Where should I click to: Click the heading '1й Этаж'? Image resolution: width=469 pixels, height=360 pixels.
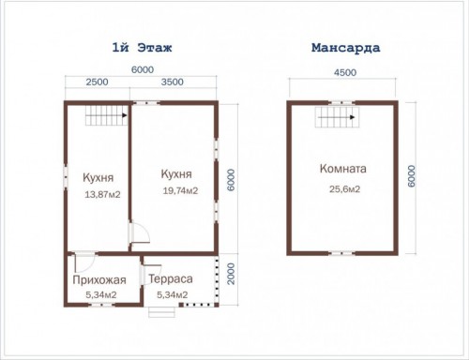(142, 48)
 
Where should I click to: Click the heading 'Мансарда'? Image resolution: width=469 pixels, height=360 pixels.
(345, 48)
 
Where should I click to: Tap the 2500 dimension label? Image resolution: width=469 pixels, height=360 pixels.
(98, 82)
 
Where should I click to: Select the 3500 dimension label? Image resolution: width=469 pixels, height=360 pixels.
(173, 82)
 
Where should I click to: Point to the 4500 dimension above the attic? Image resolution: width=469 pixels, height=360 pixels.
(345, 72)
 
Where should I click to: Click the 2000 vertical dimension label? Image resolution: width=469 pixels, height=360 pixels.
(231, 274)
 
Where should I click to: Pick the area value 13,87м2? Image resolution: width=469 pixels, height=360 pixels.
(102, 195)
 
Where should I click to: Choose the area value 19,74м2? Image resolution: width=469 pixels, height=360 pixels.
(180, 190)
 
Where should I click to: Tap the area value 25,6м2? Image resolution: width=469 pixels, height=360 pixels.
(344, 189)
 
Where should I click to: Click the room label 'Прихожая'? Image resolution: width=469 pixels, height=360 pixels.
(99, 280)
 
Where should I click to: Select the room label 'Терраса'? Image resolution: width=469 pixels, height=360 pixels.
(171, 278)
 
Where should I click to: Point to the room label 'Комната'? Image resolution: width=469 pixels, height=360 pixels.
(343, 169)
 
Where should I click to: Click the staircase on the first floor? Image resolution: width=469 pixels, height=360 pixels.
(106, 115)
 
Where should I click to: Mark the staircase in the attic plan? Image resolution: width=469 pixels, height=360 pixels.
(337, 117)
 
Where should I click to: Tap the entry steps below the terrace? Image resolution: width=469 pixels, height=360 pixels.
(161, 312)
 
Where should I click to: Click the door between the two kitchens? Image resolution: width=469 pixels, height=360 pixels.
(139, 232)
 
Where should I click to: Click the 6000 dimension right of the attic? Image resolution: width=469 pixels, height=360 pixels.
(412, 176)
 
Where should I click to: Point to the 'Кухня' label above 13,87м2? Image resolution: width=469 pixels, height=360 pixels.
(98, 178)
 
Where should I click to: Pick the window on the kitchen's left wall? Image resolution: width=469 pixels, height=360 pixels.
(66, 177)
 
